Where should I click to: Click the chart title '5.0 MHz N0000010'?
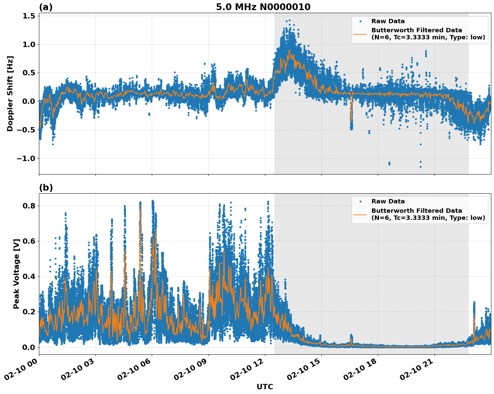(x=263, y=7)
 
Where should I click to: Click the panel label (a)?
(x=46, y=7)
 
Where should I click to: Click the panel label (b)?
(x=46, y=188)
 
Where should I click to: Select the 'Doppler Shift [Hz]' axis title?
(x=10, y=93)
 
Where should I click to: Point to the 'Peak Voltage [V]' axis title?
(x=16, y=274)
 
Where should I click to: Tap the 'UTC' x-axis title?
(x=265, y=387)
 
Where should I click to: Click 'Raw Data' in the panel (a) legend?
(x=388, y=21)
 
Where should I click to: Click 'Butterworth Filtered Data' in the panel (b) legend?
(x=416, y=211)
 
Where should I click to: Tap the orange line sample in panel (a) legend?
(x=360, y=34)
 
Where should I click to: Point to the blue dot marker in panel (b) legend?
(x=360, y=202)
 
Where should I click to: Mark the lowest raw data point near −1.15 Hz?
(x=420, y=167)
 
